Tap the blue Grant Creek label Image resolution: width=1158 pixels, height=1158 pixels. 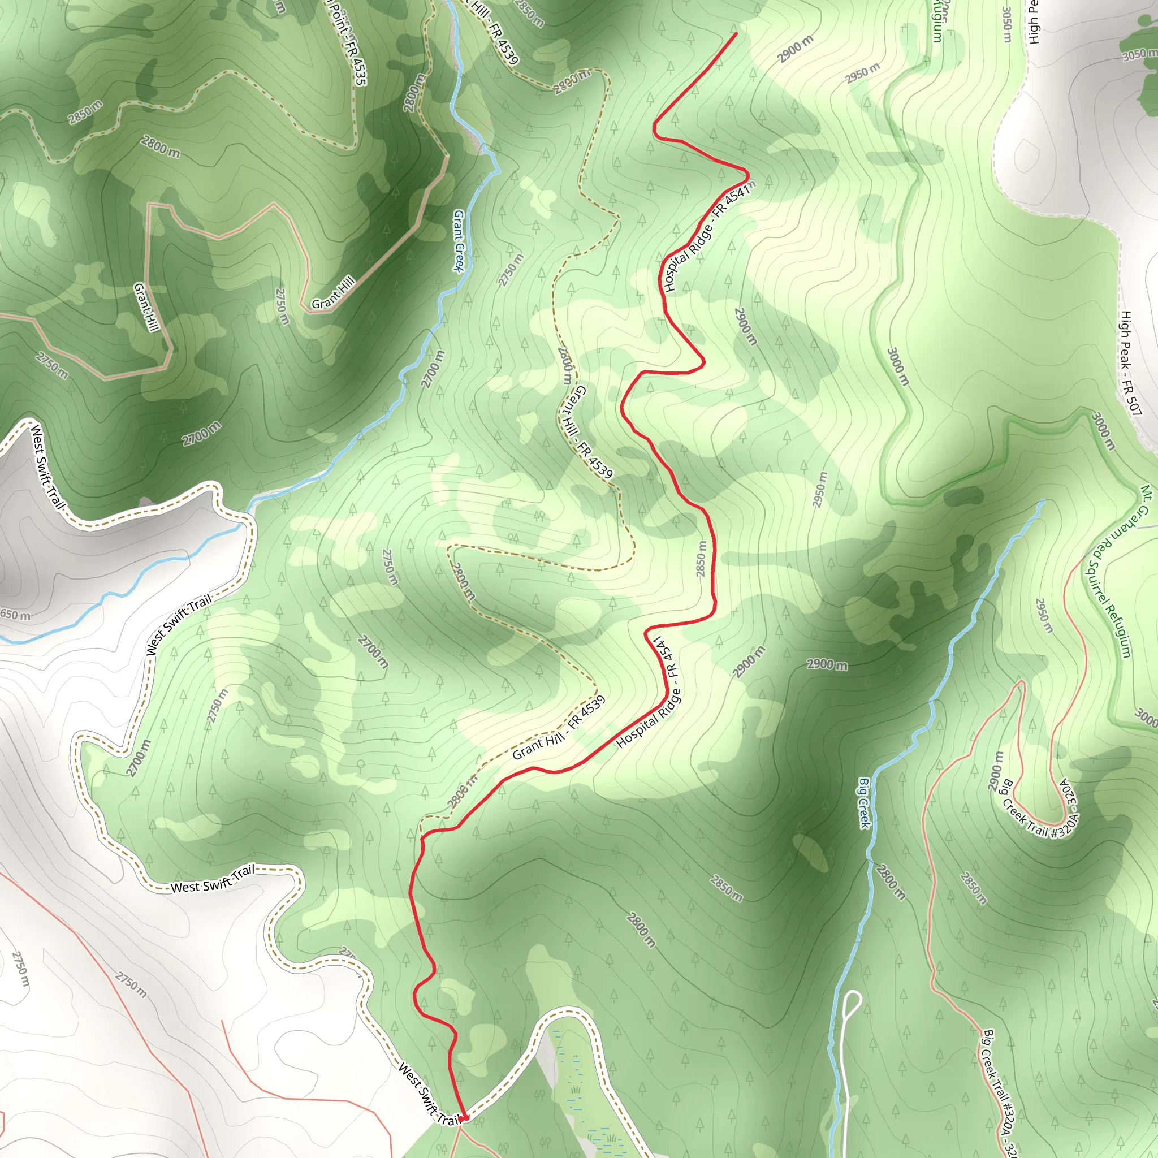click(x=459, y=240)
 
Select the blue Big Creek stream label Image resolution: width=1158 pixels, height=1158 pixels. click(x=864, y=803)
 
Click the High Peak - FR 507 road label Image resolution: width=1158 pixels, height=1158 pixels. click(x=1130, y=363)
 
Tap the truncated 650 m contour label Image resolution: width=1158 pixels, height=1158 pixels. click(x=14, y=615)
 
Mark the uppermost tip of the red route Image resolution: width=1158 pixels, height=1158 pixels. click(x=736, y=33)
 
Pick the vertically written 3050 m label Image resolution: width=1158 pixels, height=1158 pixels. click(x=1007, y=24)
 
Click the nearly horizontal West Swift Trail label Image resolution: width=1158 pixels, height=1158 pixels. click(x=213, y=879)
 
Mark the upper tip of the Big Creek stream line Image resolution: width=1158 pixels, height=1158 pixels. click(x=1044, y=500)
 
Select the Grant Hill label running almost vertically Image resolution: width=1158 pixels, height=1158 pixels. click(x=146, y=307)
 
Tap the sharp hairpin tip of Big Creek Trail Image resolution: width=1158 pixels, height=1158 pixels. click(x=1020, y=681)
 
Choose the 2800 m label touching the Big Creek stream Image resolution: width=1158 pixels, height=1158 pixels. click(x=891, y=882)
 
